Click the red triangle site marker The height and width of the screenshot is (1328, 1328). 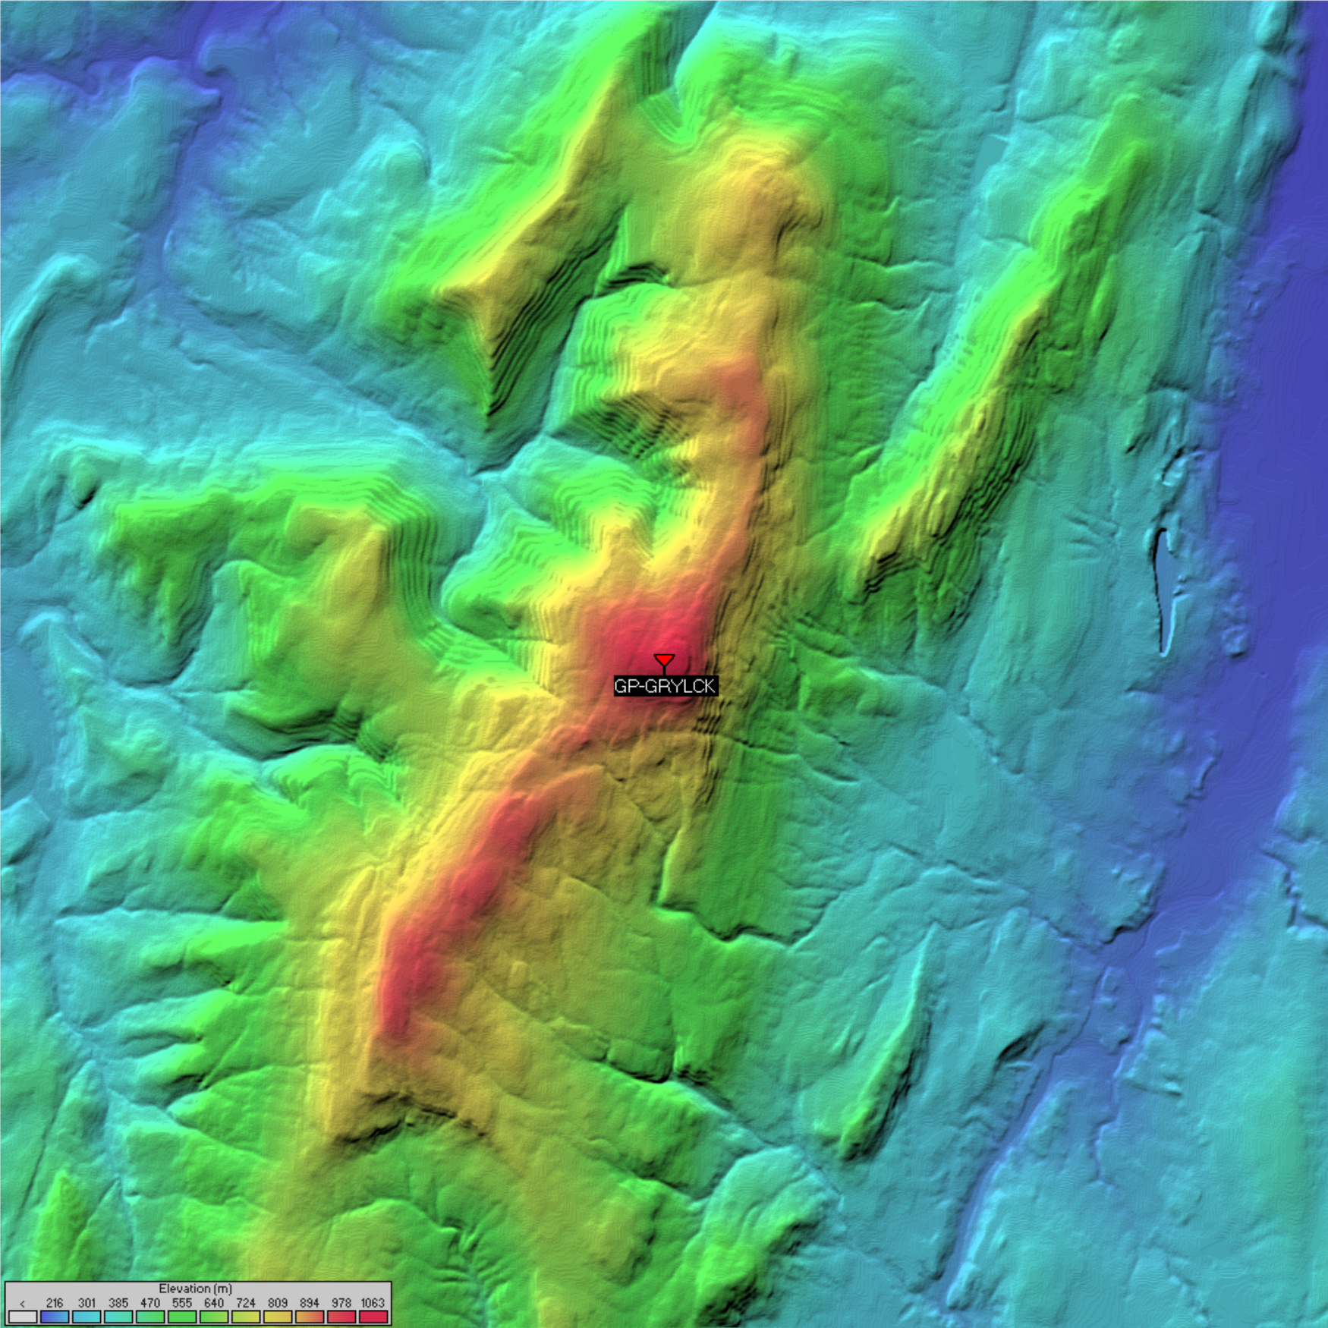point(664,660)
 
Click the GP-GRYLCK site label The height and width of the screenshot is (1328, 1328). point(665,686)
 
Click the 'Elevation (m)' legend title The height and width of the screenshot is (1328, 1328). point(195,1289)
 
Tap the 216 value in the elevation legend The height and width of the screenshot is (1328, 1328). point(55,1303)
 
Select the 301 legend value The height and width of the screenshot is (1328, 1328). point(87,1303)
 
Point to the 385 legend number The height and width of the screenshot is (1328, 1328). point(118,1303)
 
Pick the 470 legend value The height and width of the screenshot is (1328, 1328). point(150,1303)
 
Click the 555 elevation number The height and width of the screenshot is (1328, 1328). point(182,1303)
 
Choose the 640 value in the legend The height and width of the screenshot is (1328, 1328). point(214,1303)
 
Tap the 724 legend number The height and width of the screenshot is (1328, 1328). point(246,1303)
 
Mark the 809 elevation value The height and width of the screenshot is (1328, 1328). point(278,1303)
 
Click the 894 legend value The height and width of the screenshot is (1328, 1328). point(310,1303)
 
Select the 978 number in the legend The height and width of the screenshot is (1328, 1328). point(341,1303)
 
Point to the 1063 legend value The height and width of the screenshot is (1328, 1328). point(373,1303)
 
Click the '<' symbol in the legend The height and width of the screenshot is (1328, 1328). point(23,1303)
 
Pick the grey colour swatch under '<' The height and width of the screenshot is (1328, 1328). point(23,1317)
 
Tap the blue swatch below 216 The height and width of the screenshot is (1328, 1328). point(55,1317)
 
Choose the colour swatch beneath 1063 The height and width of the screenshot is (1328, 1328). point(373,1317)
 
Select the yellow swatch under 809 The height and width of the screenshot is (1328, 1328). point(278,1317)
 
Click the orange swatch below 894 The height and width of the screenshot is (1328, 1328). point(310,1317)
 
